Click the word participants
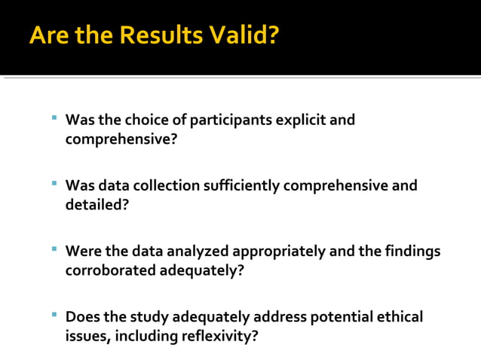coord(229,121)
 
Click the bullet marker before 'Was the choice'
coord(54,117)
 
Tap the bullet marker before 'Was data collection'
coord(54,183)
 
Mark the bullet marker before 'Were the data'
coord(54,249)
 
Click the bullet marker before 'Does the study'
coord(54,314)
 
